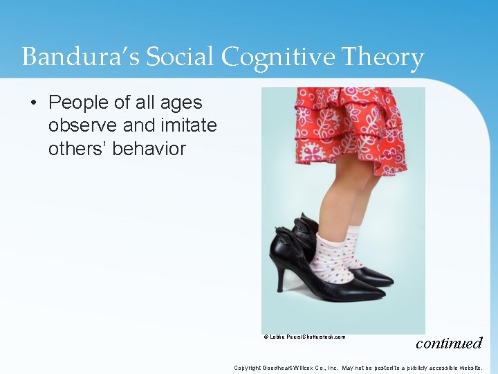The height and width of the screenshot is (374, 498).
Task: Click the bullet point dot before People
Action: point(34,103)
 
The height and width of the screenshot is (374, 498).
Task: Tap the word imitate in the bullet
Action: point(186,126)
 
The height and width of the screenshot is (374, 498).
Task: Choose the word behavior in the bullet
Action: point(151,148)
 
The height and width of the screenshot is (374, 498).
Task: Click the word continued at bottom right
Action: point(448,343)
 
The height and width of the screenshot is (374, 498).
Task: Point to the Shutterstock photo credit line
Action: point(304,337)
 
